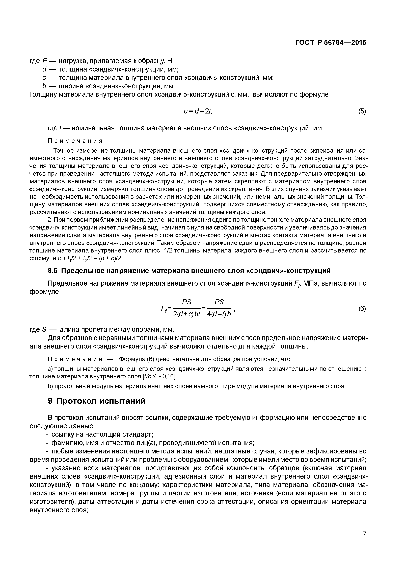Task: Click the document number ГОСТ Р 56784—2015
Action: (331, 43)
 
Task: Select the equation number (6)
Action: (362, 309)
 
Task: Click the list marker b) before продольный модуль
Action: (50, 386)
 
